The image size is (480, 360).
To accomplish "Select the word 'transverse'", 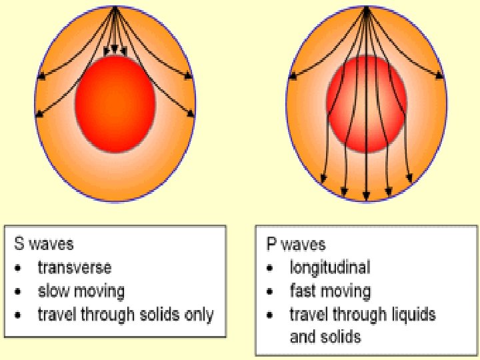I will click(75, 268).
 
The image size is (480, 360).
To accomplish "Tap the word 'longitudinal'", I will click(329, 268).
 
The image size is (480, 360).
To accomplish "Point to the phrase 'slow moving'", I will click(81, 291).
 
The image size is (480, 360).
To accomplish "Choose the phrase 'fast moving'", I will click(330, 291).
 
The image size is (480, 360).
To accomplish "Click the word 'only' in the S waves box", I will click(200, 314).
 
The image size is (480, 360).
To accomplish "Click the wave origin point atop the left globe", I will click(115, 7).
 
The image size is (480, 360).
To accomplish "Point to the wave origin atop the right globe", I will click(366, 7).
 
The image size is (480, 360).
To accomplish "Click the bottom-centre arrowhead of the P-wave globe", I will click(366, 197).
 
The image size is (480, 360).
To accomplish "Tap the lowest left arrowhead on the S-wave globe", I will click(39, 115).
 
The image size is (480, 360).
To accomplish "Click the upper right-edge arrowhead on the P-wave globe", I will click(440, 77).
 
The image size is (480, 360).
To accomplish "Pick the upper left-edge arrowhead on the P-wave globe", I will click(292, 77).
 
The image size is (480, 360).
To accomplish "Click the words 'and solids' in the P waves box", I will click(325, 337).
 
